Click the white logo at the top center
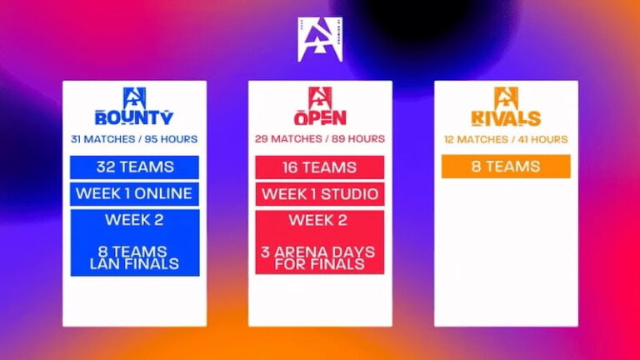tap(320, 39)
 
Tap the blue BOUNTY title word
tap(134, 117)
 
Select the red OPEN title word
tap(320, 117)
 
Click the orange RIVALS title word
tap(506, 117)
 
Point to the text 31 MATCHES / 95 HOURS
tap(134, 138)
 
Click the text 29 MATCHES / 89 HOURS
tap(320, 138)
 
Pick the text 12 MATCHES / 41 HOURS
tap(506, 138)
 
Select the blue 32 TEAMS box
tap(134, 167)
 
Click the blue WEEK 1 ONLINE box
tap(134, 194)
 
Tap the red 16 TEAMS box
tap(320, 167)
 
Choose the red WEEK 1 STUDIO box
tap(320, 194)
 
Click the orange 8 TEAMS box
tap(506, 166)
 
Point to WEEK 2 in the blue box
tap(134, 220)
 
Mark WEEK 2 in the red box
tap(320, 220)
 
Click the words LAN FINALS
tap(134, 264)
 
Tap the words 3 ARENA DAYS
tap(320, 252)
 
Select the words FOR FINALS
tap(320, 264)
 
